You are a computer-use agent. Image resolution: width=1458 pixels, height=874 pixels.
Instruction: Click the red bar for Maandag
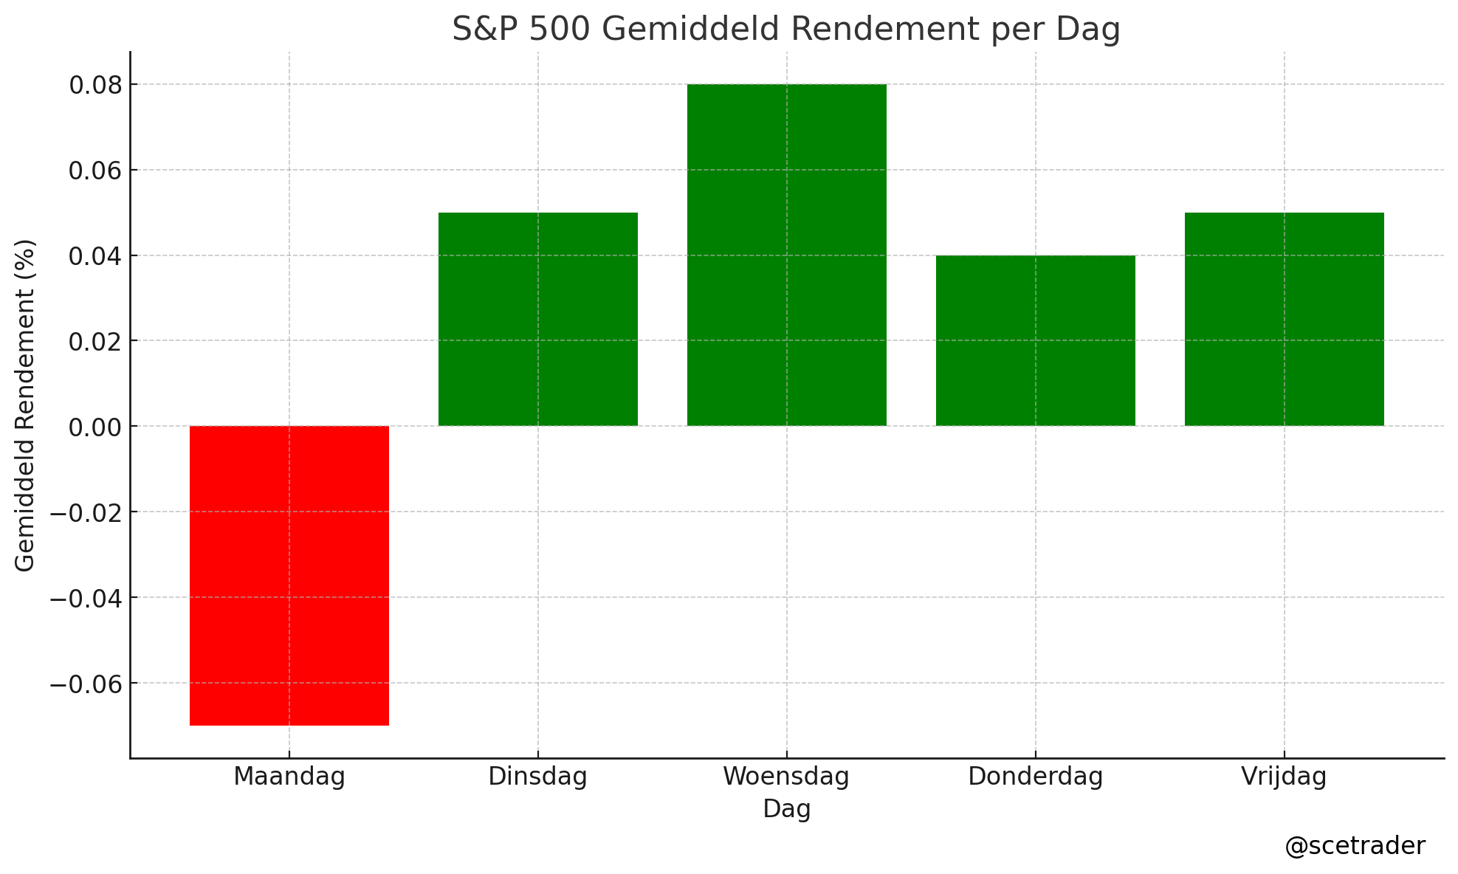point(289,576)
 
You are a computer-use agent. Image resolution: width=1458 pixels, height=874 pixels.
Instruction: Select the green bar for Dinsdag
point(537,319)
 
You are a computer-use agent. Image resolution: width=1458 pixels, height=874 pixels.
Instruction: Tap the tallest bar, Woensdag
point(786,255)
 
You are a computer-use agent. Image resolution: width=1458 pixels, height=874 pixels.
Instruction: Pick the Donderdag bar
point(1035,340)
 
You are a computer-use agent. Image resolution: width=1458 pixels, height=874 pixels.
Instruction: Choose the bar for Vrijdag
point(1284,319)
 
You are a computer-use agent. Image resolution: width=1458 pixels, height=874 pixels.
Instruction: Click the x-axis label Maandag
point(289,777)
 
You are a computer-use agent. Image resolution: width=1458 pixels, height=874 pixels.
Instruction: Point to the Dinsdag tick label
point(537,777)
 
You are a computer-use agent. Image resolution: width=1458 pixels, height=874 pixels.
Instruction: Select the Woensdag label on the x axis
point(786,777)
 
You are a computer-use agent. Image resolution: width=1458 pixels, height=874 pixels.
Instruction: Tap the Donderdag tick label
point(1035,777)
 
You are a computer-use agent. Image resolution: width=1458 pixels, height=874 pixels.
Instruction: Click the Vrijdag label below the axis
point(1284,777)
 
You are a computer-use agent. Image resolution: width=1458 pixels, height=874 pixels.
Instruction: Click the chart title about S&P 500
point(786,30)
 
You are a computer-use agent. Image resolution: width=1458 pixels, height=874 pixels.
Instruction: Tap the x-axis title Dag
point(786,809)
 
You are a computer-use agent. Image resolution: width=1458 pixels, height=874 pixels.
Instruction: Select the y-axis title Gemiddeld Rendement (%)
point(25,405)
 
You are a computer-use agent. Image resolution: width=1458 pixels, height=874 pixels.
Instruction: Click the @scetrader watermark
point(1355,846)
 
